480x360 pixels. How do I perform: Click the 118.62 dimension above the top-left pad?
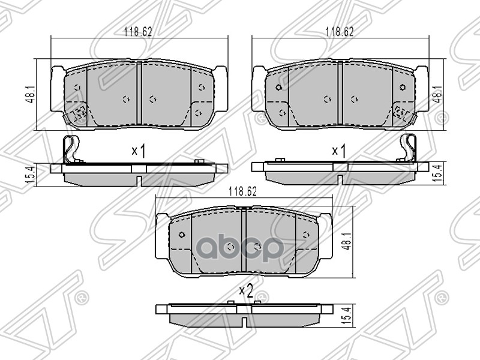coord(138,32)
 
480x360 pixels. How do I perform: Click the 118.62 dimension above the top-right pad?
coord(340,32)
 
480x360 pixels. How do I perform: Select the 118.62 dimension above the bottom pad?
coord(243,191)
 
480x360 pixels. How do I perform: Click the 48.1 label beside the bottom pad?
coord(347,242)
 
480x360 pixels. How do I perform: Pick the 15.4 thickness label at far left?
coord(31,175)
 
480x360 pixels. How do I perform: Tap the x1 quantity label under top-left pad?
coord(139,151)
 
